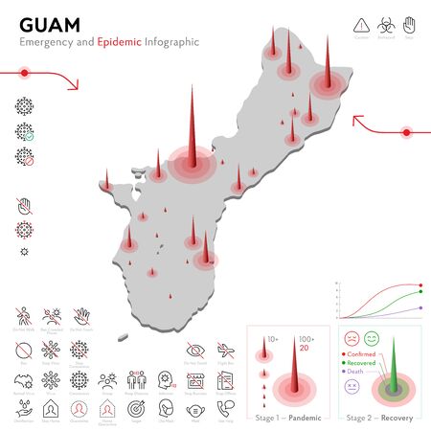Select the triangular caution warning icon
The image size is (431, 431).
(361, 23)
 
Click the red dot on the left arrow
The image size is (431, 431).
(24, 72)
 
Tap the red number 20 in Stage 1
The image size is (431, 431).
(305, 349)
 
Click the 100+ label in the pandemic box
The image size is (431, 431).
(306, 339)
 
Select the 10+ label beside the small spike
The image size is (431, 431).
(272, 339)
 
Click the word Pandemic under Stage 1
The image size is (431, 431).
(306, 418)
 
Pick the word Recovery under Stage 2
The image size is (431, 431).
(395, 418)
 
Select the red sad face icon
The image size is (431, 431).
(351, 339)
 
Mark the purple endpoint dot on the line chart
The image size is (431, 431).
(420, 308)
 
